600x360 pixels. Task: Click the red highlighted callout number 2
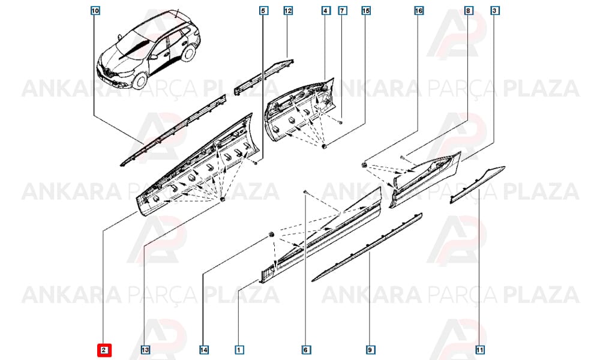104,350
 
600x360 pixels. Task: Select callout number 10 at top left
95,11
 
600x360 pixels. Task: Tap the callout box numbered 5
263,11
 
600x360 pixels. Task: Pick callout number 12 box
288,11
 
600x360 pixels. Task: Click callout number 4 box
326,11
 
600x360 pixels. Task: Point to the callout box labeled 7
343,11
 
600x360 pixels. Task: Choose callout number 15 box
366,11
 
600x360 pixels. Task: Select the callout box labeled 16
419,11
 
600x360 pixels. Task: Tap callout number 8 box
468,11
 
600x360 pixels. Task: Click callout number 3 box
494,11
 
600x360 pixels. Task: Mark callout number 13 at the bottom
145,350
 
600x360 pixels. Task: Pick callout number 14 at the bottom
204,350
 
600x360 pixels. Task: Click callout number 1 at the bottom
239,350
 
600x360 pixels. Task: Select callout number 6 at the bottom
305,350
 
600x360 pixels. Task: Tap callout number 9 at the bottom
370,350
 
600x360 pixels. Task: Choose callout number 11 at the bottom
479,350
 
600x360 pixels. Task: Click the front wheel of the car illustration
140,81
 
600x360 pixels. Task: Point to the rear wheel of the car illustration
188,52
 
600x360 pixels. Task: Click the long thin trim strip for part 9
367,247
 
